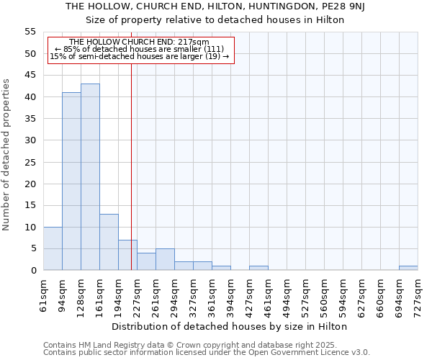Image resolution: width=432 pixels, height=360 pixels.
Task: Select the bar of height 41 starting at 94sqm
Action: click(71, 181)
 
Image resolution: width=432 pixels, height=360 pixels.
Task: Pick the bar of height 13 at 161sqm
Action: click(109, 242)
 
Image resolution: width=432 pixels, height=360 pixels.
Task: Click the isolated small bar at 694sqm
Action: click(408, 268)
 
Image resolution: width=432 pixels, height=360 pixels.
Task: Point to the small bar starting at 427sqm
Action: click(258, 268)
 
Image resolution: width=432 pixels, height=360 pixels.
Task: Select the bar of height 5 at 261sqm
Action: click(165, 259)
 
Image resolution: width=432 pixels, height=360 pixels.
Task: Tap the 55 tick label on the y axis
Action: click(30, 32)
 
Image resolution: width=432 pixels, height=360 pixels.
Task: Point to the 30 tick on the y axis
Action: click(30, 140)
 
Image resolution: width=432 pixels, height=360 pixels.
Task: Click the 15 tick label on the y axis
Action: click(30, 205)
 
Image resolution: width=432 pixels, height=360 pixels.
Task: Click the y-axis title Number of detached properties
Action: click(7, 155)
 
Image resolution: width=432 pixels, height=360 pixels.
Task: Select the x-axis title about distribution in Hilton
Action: click(230, 326)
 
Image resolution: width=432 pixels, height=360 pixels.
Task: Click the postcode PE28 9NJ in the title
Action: click(354, 6)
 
